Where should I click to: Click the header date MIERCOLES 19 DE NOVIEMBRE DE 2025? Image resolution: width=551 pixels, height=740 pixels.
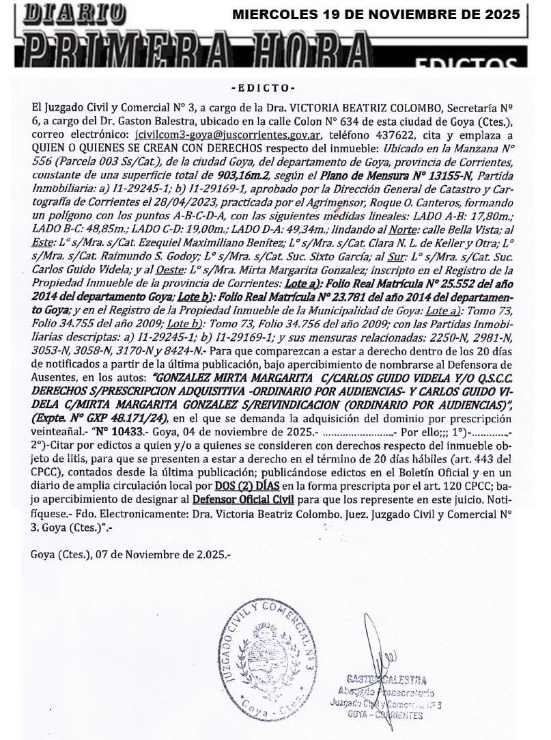tap(376, 14)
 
